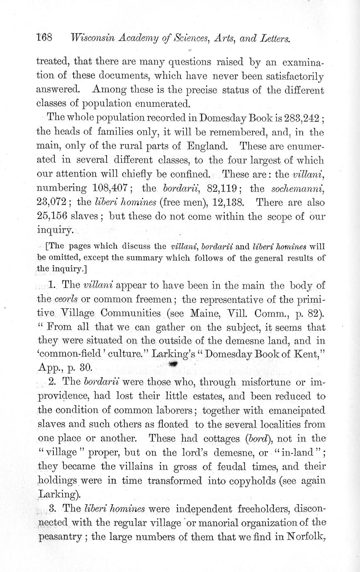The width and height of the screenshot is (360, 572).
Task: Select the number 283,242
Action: pyautogui.click(x=302, y=117)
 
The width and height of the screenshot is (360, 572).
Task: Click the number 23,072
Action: pyautogui.click(x=51, y=202)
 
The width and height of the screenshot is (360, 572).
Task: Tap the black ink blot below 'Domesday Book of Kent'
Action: pyautogui.click(x=173, y=364)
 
